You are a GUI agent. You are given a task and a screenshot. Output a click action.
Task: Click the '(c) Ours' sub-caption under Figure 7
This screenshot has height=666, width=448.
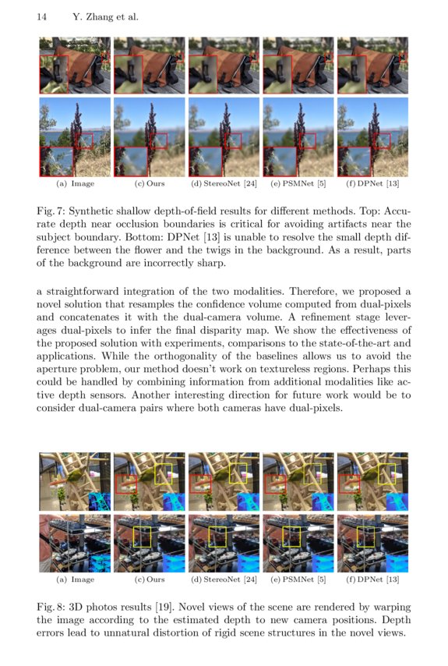pyautogui.click(x=150, y=184)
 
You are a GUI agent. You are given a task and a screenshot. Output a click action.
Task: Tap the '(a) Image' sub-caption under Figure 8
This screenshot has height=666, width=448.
pyautogui.click(x=76, y=579)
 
